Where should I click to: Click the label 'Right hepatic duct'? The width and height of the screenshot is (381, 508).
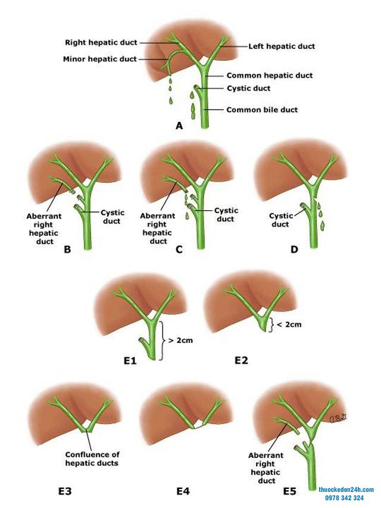[x=101, y=43]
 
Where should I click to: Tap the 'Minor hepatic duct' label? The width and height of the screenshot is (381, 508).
[x=100, y=58]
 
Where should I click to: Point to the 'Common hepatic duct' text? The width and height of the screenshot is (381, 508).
[x=270, y=76]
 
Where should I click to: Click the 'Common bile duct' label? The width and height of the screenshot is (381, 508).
[x=262, y=110]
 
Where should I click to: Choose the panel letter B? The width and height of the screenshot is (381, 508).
[x=67, y=250]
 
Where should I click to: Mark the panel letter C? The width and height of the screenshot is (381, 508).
[x=179, y=250]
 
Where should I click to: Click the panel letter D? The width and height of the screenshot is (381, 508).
[x=293, y=250]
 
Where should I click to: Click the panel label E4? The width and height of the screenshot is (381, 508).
[x=183, y=491]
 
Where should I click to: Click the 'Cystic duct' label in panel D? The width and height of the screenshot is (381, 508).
[x=279, y=220]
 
